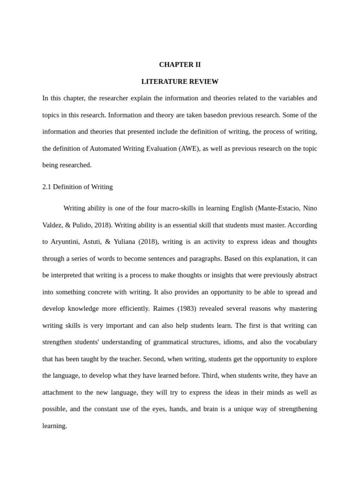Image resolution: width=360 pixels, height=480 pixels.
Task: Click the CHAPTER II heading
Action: coord(180,65)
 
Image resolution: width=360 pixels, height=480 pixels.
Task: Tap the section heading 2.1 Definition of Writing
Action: coord(77,187)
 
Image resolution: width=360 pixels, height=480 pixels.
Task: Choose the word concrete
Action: coord(98,292)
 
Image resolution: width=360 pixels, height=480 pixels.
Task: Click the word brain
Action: coord(210,409)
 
